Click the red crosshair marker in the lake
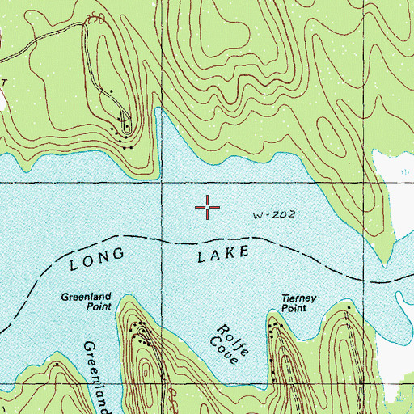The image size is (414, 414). pyautogui.click(x=208, y=208)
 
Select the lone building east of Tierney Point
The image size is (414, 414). pyautogui.click(x=349, y=307)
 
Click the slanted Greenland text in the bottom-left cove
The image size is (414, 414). pyautogui.click(x=97, y=376)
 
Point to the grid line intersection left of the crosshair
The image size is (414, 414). pyautogui.click(x=163, y=184)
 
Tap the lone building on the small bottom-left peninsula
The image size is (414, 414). pyautogui.click(x=57, y=364)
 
